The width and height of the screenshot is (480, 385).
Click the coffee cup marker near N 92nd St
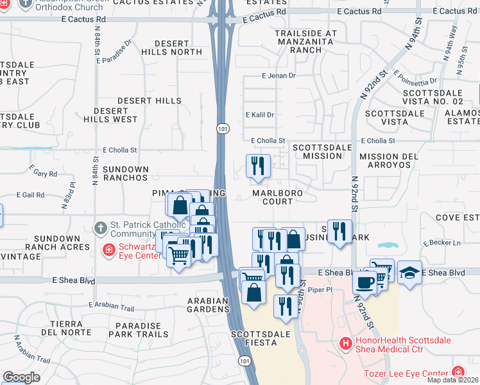(x=364, y=282)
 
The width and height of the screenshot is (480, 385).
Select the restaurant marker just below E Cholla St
(x=258, y=166)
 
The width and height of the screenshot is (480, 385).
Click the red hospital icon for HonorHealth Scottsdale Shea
(x=346, y=344)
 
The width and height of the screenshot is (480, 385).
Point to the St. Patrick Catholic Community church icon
(x=100, y=228)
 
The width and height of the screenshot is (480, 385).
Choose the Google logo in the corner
(x=21, y=377)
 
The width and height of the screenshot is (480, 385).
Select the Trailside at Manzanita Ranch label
(x=305, y=41)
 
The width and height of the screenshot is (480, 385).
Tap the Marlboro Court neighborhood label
(x=277, y=196)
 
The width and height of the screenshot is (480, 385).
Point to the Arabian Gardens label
(x=208, y=305)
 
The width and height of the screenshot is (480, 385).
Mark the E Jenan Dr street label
(x=279, y=76)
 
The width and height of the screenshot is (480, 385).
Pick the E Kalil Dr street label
(x=261, y=115)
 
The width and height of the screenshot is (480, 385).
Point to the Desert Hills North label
(x=171, y=47)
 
